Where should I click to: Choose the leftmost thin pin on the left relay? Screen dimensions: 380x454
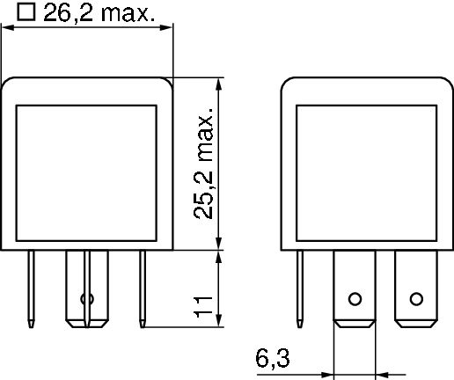click(33, 286)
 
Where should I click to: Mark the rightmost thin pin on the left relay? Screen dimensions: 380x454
click(141, 286)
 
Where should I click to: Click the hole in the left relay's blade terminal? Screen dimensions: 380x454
click(86, 297)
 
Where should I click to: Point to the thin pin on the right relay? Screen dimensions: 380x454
click(302, 286)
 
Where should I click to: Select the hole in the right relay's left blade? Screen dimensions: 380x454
click(355, 297)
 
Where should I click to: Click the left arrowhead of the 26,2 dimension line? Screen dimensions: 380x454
click(6, 29)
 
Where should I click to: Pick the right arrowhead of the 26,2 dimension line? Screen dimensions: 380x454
click(169, 29)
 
